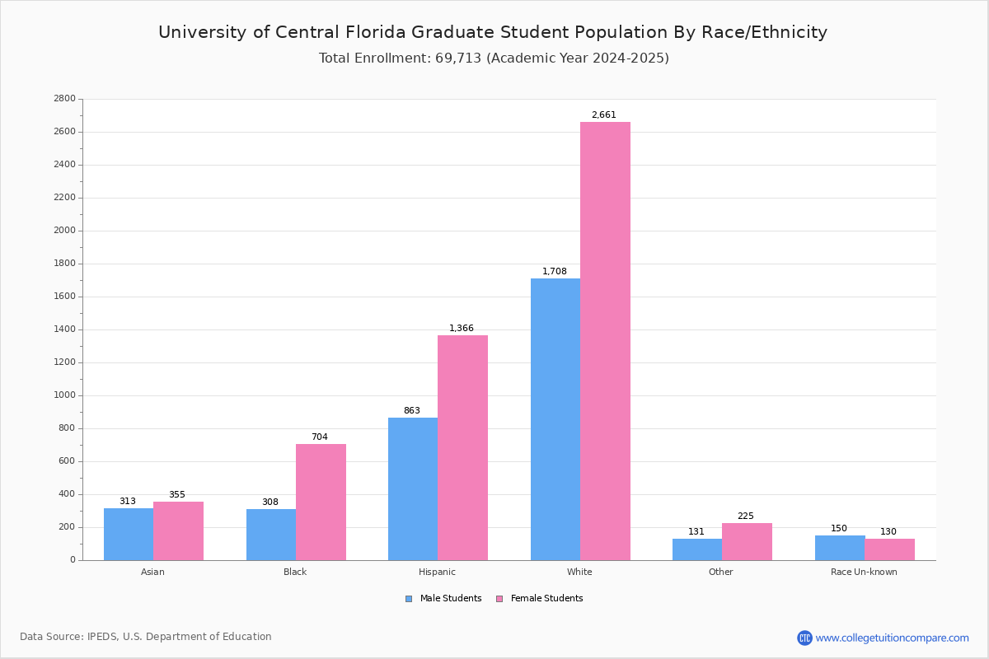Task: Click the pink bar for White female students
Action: point(605,341)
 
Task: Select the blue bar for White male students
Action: point(555,419)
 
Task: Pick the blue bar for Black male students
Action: point(271,535)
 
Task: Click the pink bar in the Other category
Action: point(747,541)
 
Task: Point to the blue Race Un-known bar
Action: point(840,548)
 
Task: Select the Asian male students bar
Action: point(129,534)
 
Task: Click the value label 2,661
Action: point(603,115)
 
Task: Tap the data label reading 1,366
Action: point(462,329)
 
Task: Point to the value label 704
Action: point(319,437)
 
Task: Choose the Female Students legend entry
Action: point(540,599)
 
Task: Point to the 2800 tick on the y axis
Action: point(64,99)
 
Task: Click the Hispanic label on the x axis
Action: point(437,572)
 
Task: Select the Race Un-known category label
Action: point(864,572)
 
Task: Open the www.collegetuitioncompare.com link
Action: point(892,638)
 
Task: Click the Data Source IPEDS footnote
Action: point(146,637)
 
